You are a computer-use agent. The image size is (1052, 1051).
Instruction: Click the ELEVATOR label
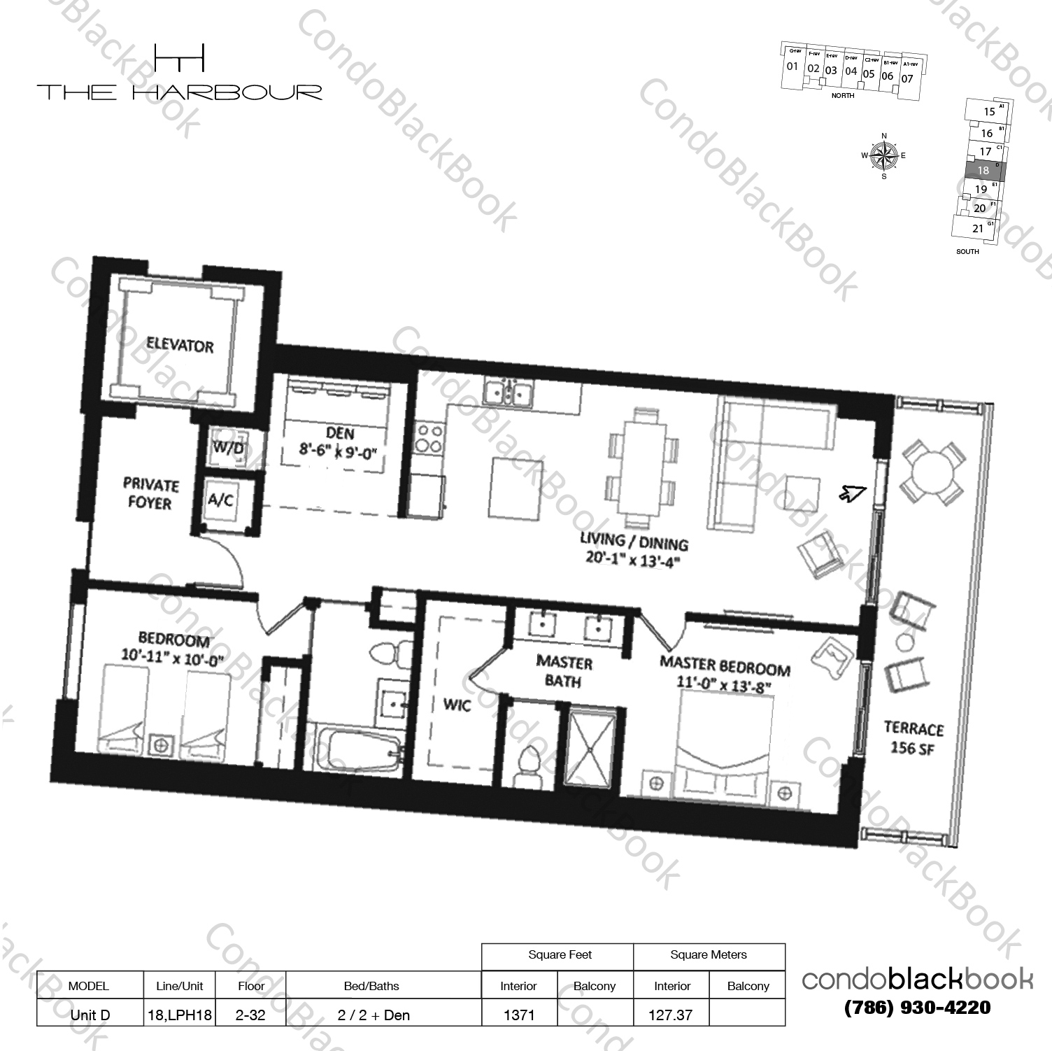click(180, 345)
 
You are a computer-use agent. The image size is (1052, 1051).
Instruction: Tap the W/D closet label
click(228, 448)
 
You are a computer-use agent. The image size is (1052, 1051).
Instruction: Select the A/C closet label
click(220, 500)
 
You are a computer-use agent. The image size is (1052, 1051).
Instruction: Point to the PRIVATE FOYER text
click(150, 493)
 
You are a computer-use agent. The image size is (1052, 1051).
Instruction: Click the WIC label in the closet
click(457, 705)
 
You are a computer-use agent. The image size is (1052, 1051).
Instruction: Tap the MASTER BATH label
click(564, 671)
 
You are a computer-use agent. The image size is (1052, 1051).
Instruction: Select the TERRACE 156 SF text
click(913, 738)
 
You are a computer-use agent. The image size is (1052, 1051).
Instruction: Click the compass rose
click(884, 156)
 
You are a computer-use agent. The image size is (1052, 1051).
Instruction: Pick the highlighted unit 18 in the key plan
click(983, 170)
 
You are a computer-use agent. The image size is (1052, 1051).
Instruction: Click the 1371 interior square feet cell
click(519, 1015)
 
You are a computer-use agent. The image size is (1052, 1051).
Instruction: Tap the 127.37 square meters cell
click(670, 1015)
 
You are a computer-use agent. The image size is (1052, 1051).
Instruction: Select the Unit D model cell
click(89, 1015)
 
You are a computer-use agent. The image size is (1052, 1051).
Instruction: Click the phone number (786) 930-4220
click(917, 1008)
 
